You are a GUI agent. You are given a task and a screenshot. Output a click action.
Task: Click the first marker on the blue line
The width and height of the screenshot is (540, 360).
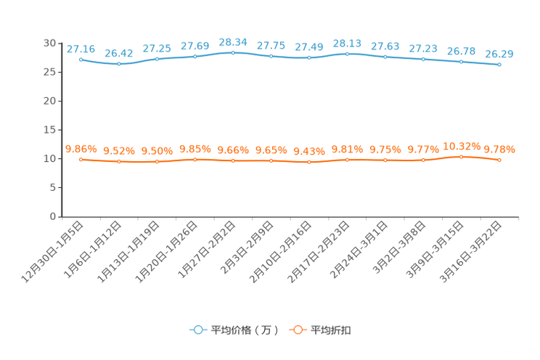click(x=81, y=60)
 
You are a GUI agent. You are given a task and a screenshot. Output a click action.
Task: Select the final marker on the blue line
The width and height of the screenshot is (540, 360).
click(x=499, y=65)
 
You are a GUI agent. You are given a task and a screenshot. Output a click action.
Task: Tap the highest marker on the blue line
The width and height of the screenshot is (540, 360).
click(x=233, y=52)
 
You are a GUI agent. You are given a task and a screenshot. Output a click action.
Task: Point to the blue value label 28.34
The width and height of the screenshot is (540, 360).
click(x=233, y=41)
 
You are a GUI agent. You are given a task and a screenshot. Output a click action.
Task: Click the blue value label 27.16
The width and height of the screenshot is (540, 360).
click(x=81, y=49)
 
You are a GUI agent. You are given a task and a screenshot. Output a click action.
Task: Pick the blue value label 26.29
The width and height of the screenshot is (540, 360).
click(x=499, y=54)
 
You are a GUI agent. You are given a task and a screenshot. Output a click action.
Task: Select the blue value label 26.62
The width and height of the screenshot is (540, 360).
click(x=118, y=53)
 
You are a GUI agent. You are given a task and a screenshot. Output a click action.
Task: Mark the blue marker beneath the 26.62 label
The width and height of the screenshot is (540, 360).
click(x=118, y=64)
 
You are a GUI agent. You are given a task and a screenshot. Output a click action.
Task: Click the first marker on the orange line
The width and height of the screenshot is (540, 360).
click(x=81, y=159)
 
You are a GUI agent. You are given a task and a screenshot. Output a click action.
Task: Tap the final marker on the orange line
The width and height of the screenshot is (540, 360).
click(x=499, y=160)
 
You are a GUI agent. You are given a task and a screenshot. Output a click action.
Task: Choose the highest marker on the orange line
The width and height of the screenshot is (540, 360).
click(x=461, y=156)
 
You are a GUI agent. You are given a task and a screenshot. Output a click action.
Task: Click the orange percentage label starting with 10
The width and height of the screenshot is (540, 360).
click(x=461, y=145)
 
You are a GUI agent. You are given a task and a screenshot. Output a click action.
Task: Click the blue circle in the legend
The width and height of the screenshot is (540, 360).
click(x=197, y=330)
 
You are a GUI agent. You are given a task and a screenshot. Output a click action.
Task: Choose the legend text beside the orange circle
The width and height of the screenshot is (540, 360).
click(x=332, y=330)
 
